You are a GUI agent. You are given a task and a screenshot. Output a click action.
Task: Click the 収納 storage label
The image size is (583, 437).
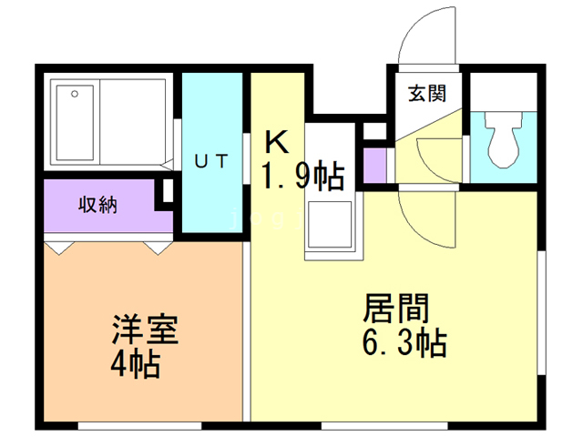(97, 206)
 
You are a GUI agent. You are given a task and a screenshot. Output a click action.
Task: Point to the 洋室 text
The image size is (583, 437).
(145, 329)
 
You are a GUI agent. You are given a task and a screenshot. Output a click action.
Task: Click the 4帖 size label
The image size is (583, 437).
(136, 364)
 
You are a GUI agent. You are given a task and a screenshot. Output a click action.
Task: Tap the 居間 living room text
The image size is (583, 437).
(397, 308)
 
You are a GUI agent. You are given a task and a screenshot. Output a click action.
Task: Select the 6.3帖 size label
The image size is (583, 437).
(403, 343)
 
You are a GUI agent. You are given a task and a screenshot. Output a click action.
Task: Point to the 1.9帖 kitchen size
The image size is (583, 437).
(303, 175)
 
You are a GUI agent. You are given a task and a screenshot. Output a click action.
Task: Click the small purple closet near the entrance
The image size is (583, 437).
(374, 163)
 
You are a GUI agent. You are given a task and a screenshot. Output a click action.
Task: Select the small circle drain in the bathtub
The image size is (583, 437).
(74, 93)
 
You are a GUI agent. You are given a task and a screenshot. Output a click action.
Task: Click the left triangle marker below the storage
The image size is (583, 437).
(57, 246)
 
